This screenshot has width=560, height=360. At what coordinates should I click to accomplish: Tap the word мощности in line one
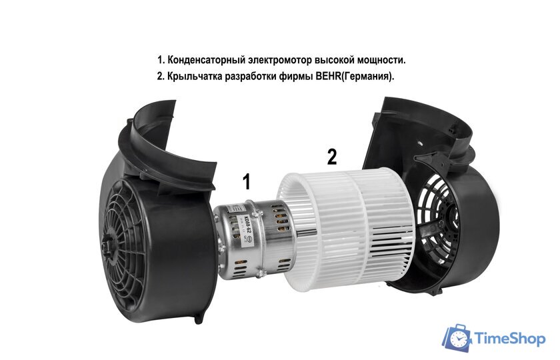coord(380,61)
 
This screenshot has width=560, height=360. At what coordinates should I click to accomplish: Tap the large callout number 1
coord(247,181)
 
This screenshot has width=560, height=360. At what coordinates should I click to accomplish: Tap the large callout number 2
coord(331,157)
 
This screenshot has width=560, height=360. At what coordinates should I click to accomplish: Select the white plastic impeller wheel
coord(347,227)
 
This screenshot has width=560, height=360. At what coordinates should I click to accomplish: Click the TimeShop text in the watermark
coord(510,339)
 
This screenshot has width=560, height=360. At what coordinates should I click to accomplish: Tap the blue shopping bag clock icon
coord(457,339)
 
